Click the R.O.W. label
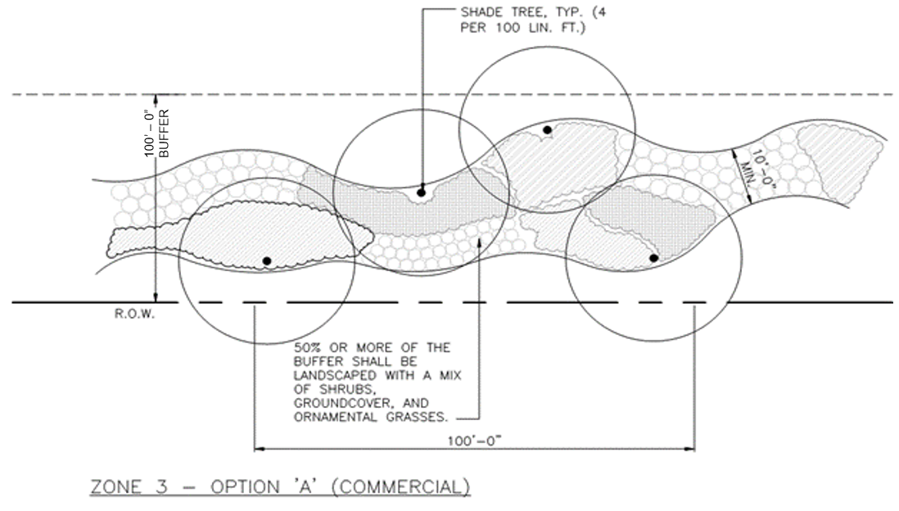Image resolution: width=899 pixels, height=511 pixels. [x=135, y=314]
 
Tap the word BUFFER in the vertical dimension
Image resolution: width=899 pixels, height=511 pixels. [x=164, y=133]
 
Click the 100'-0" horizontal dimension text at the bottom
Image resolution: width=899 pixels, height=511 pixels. [x=475, y=441]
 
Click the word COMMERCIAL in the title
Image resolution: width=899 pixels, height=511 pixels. [x=400, y=487]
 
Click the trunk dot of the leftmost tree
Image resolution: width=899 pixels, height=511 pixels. [x=267, y=261]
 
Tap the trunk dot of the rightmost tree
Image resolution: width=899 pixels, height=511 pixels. [x=653, y=258]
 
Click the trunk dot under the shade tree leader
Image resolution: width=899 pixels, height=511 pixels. [x=422, y=192]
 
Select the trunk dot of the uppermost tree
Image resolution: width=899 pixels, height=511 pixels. [x=547, y=130]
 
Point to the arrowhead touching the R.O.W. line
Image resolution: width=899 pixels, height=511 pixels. [x=156, y=297]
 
